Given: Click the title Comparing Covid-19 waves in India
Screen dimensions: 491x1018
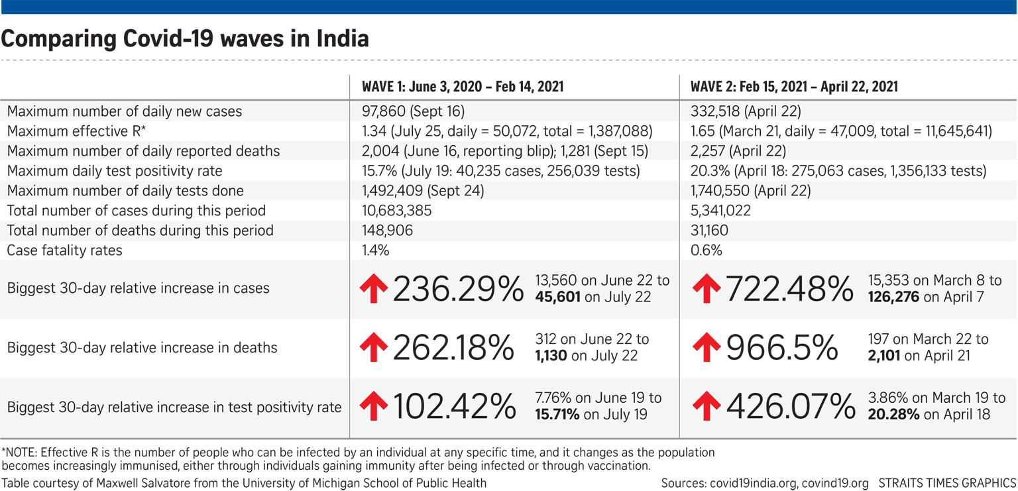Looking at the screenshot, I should coord(185,39).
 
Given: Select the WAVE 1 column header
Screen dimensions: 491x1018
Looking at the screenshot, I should coord(463,87).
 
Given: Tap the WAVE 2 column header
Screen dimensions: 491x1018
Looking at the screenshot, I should coord(794,87).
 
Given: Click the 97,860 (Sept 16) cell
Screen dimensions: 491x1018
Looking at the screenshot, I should coord(413,111).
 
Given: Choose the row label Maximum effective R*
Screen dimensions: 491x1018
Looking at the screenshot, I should coord(76,131).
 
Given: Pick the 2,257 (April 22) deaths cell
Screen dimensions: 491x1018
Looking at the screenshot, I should coord(733,151).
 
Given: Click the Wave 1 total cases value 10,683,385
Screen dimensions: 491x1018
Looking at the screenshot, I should coord(396,211).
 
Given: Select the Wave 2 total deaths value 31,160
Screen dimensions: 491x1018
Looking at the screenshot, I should coord(709,231).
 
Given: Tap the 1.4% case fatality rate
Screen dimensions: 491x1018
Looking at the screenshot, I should coord(375,250).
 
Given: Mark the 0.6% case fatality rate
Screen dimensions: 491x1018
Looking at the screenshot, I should coord(707,250).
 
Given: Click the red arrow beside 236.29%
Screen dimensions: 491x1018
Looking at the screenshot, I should coord(373,290).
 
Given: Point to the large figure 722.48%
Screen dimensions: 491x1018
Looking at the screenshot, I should coord(790,289).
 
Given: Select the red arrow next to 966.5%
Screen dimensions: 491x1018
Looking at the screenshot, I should coord(707,348).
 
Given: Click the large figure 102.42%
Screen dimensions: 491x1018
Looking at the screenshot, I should coord(455,407).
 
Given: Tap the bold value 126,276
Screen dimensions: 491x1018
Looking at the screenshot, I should coord(893,298).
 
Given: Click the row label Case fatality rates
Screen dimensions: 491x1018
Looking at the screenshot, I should coord(65,250).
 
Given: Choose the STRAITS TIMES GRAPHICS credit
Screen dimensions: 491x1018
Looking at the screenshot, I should coord(947,483).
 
